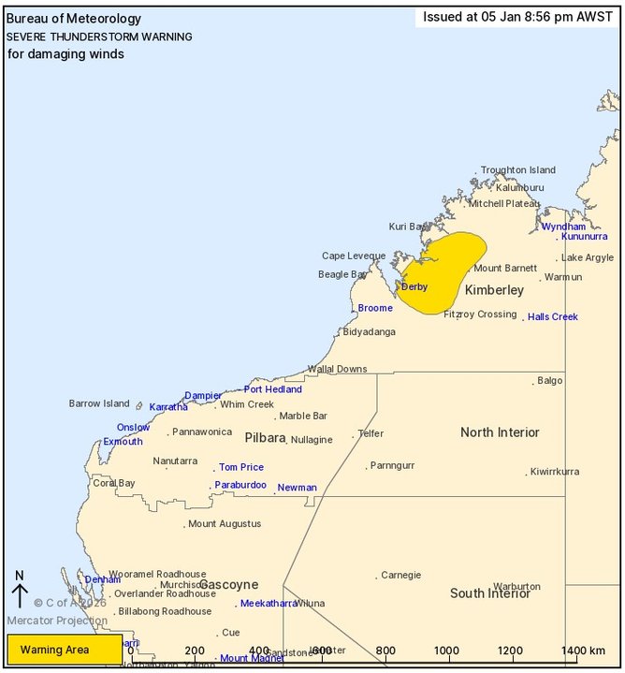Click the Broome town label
pos(375,308)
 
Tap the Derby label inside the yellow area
pos(414,286)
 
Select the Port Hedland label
pos(273,389)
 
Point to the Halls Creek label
pos(553,317)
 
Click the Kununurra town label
pos(585,236)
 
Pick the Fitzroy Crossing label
pos(480,315)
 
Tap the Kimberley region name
pos(494,290)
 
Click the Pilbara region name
pos(265,437)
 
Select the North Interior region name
pos(500,432)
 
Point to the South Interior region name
pos(490,593)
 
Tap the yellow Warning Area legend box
pos(64,650)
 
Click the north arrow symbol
pos(20,591)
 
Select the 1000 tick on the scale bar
pos(446,651)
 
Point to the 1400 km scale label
pos(584,651)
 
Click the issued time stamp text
pos(517,17)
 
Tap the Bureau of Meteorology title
pos(74,19)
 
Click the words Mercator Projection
pos(57,621)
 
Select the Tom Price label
pos(241,467)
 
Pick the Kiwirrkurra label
pos(561,472)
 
